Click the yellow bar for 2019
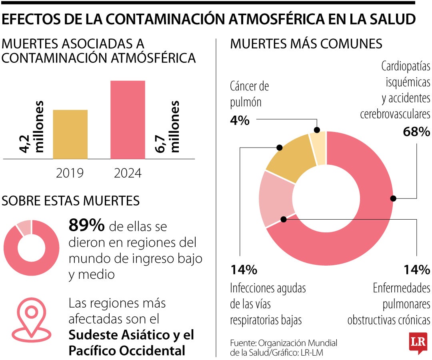[70, 134]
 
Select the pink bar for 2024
[128, 120]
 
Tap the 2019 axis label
[70, 173]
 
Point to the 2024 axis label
[128, 173]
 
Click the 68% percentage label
[416, 132]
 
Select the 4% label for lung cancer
[240, 120]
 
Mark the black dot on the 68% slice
[393, 198]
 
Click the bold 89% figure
[86, 226]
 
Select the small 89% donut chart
[31, 248]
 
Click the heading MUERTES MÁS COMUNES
[306, 44]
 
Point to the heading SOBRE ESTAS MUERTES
[71, 200]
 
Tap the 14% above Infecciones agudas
[243, 270]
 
